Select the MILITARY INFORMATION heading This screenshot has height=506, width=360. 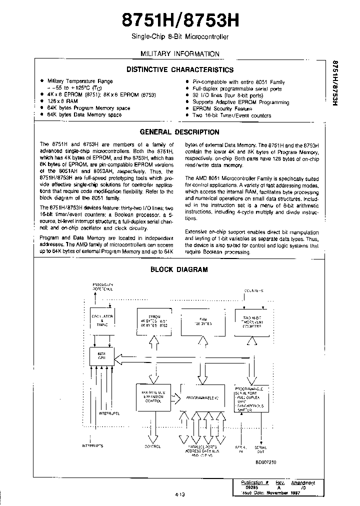pos(179,54)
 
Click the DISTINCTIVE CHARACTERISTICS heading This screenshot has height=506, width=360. pos(179,70)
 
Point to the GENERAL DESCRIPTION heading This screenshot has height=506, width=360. pos(179,132)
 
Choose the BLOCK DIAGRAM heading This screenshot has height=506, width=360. pos(179,269)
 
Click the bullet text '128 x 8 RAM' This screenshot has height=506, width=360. pos(63,100)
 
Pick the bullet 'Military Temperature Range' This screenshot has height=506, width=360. pos(79,81)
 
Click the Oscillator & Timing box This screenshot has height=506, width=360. pos(101,320)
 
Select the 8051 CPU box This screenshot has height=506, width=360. pos(101,357)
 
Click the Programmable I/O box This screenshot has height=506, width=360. pos(202,398)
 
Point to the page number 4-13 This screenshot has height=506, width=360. pos(179,494)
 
